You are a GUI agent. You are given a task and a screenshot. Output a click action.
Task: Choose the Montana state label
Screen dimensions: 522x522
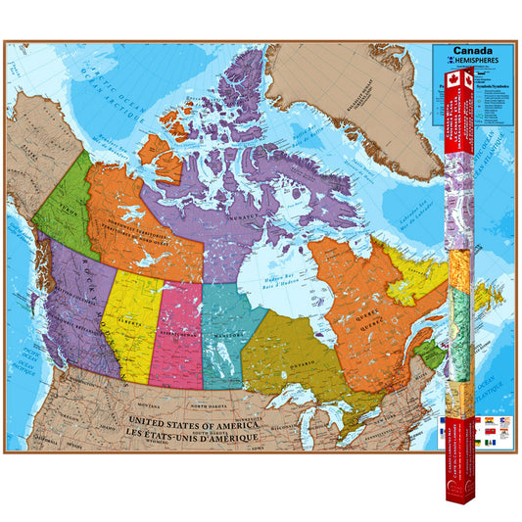147,404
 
